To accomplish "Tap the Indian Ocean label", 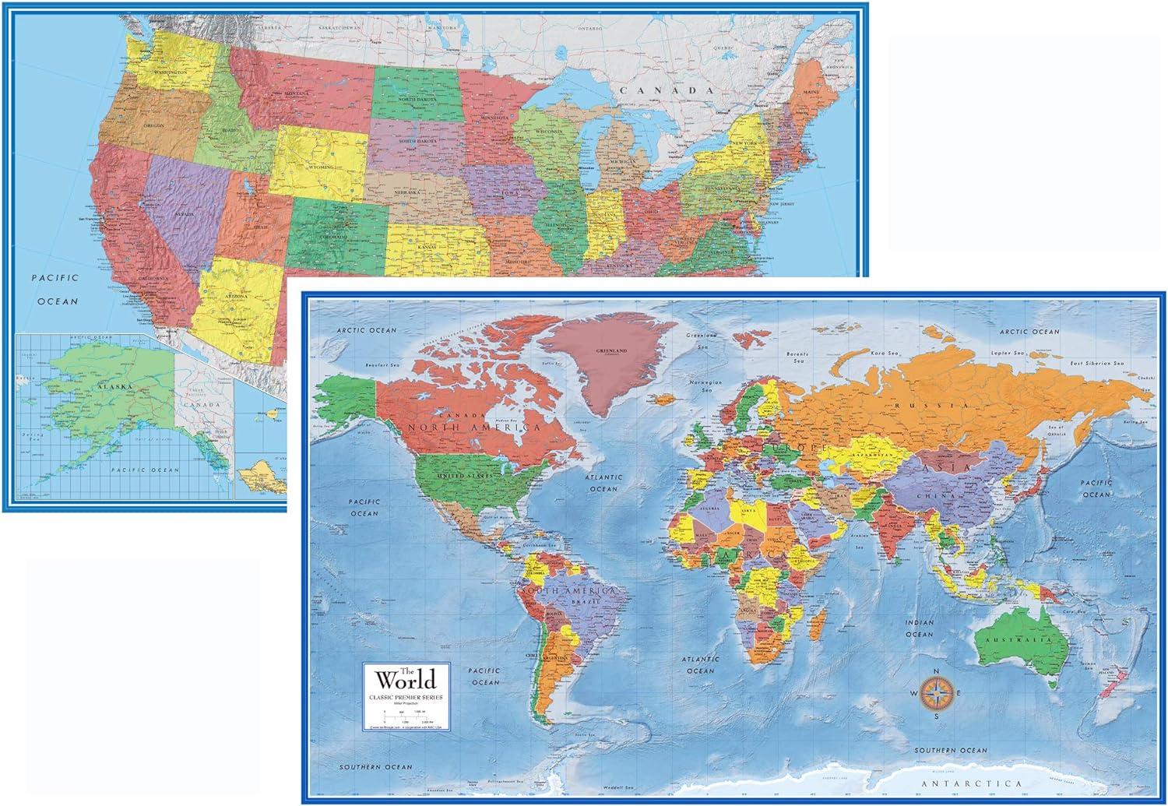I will pos(919,628).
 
